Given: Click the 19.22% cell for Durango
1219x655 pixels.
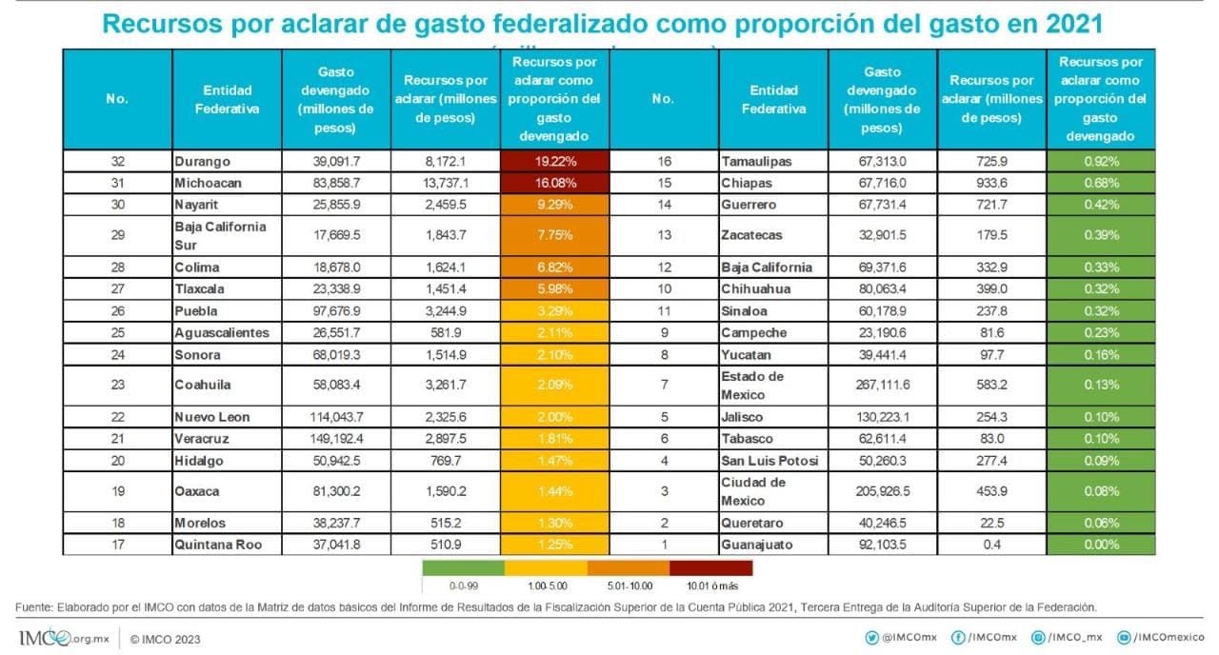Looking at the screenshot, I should [553, 162].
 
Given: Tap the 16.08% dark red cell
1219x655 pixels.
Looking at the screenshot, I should [553, 183].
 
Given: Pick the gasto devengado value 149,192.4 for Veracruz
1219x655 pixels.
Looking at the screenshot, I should [336, 439].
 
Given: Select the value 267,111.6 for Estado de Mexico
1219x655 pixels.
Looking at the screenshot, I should [882, 386].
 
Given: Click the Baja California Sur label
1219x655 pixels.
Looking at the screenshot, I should [220, 235].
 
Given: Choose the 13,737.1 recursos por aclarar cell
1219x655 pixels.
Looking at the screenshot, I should [446, 183].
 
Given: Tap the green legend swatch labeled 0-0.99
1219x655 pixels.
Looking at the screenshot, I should [462, 567].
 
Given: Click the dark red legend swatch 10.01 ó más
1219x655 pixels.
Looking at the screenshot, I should [710, 567].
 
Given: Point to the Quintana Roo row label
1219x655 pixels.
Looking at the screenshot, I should [215, 545].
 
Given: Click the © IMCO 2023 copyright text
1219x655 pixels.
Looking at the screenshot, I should [165, 638].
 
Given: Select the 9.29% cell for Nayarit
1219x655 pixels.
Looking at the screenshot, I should [553, 205].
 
